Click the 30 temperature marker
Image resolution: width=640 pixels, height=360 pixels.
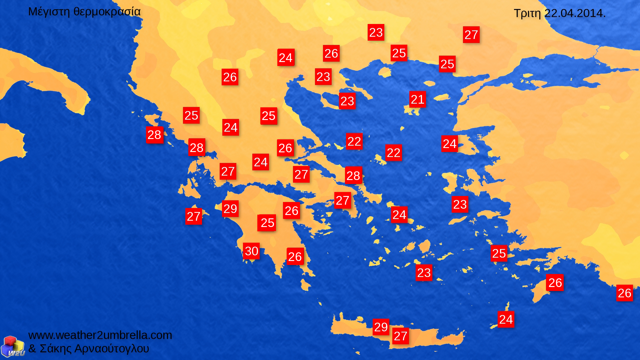pyautogui.click(x=251, y=251)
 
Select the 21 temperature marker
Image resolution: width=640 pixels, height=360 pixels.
pyautogui.click(x=417, y=99)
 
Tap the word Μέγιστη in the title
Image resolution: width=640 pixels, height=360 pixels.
pyautogui.click(x=49, y=12)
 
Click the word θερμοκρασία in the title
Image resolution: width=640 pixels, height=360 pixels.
pyautogui.click(x=107, y=12)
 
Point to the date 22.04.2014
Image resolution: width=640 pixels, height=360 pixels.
pyautogui.click(x=575, y=13)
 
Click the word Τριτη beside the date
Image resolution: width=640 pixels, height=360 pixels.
pyautogui.click(x=527, y=13)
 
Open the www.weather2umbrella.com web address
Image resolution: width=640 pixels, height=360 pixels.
pyautogui.click(x=100, y=335)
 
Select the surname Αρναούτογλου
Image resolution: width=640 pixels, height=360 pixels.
pyautogui.click(x=112, y=349)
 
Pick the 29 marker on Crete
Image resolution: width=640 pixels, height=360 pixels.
pyautogui.click(x=381, y=327)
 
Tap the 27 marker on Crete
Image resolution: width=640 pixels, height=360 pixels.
pyautogui.click(x=400, y=336)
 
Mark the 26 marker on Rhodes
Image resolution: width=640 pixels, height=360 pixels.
pyautogui.click(x=555, y=283)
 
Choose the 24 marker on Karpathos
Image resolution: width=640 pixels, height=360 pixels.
pyautogui.click(x=506, y=319)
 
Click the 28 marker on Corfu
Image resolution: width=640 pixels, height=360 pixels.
pyautogui.click(x=154, y=135)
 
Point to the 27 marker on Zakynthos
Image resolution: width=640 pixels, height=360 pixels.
pyautogui.click(x=193, y=216)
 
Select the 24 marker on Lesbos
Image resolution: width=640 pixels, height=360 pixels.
pyautogui.click(x=449, y=144)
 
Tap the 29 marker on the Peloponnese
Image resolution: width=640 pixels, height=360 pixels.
pyautogui.click(x=230, y=209)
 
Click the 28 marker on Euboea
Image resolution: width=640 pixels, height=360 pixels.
pyautogui.click(x=353, y=175)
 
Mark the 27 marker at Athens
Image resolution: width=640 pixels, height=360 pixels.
pyautogui.click(x=342, y=200)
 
